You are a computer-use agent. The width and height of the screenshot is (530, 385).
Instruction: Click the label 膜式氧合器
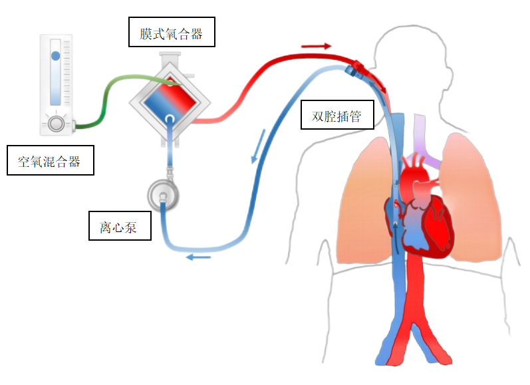tap(172, 32)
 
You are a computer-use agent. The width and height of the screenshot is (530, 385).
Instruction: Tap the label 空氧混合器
tap(50, 160)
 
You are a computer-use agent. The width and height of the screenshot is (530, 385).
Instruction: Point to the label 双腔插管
tap(336, 116)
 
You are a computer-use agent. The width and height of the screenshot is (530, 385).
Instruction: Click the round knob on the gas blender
tap(57, 123)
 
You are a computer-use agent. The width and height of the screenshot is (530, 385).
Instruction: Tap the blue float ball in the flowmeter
tap(56, 56)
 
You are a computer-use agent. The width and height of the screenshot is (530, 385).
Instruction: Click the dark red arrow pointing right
tap(316, 47)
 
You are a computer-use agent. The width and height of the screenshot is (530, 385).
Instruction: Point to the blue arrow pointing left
tap(199, 257)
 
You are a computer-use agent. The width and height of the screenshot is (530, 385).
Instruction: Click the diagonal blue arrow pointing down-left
tap(258, 146)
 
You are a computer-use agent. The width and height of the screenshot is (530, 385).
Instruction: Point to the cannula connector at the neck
tap(355, 68)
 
